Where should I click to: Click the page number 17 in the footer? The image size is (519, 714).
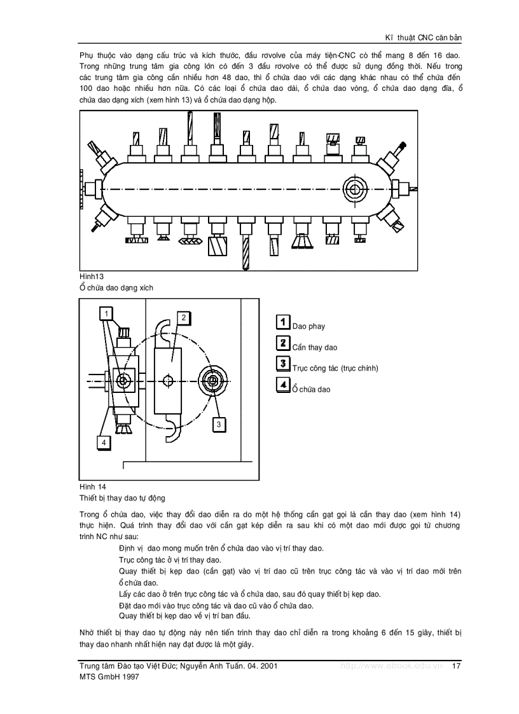[455, 666]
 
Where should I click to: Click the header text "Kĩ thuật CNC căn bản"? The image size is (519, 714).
[420, 38]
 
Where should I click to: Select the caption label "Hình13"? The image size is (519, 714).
[92, 277]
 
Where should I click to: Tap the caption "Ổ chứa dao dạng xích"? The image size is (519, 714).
[116, 287]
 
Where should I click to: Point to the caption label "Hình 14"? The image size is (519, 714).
[92, 487]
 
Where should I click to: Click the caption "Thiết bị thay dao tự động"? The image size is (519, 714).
[122, 498]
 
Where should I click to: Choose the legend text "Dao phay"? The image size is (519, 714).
[308, 326]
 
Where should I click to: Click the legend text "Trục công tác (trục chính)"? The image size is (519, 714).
[335, 368]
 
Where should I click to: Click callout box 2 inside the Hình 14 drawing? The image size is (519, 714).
[183, 317]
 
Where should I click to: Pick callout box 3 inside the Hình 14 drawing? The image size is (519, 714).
[218, 423]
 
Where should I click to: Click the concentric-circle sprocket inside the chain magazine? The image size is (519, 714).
[354, 189]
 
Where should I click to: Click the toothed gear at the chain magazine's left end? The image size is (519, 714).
[83, 189]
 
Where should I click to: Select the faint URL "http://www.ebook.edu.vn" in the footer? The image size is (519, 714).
[391, 666]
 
